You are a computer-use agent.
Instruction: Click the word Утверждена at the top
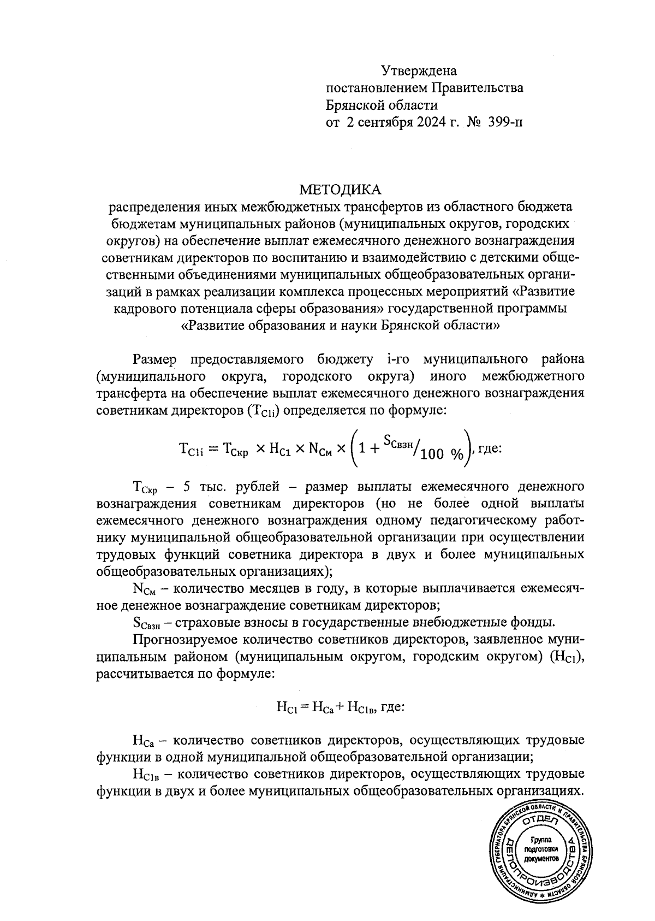[418, 70]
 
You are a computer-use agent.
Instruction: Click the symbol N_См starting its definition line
[144, 589]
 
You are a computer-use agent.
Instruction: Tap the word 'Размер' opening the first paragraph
[154, 359]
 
